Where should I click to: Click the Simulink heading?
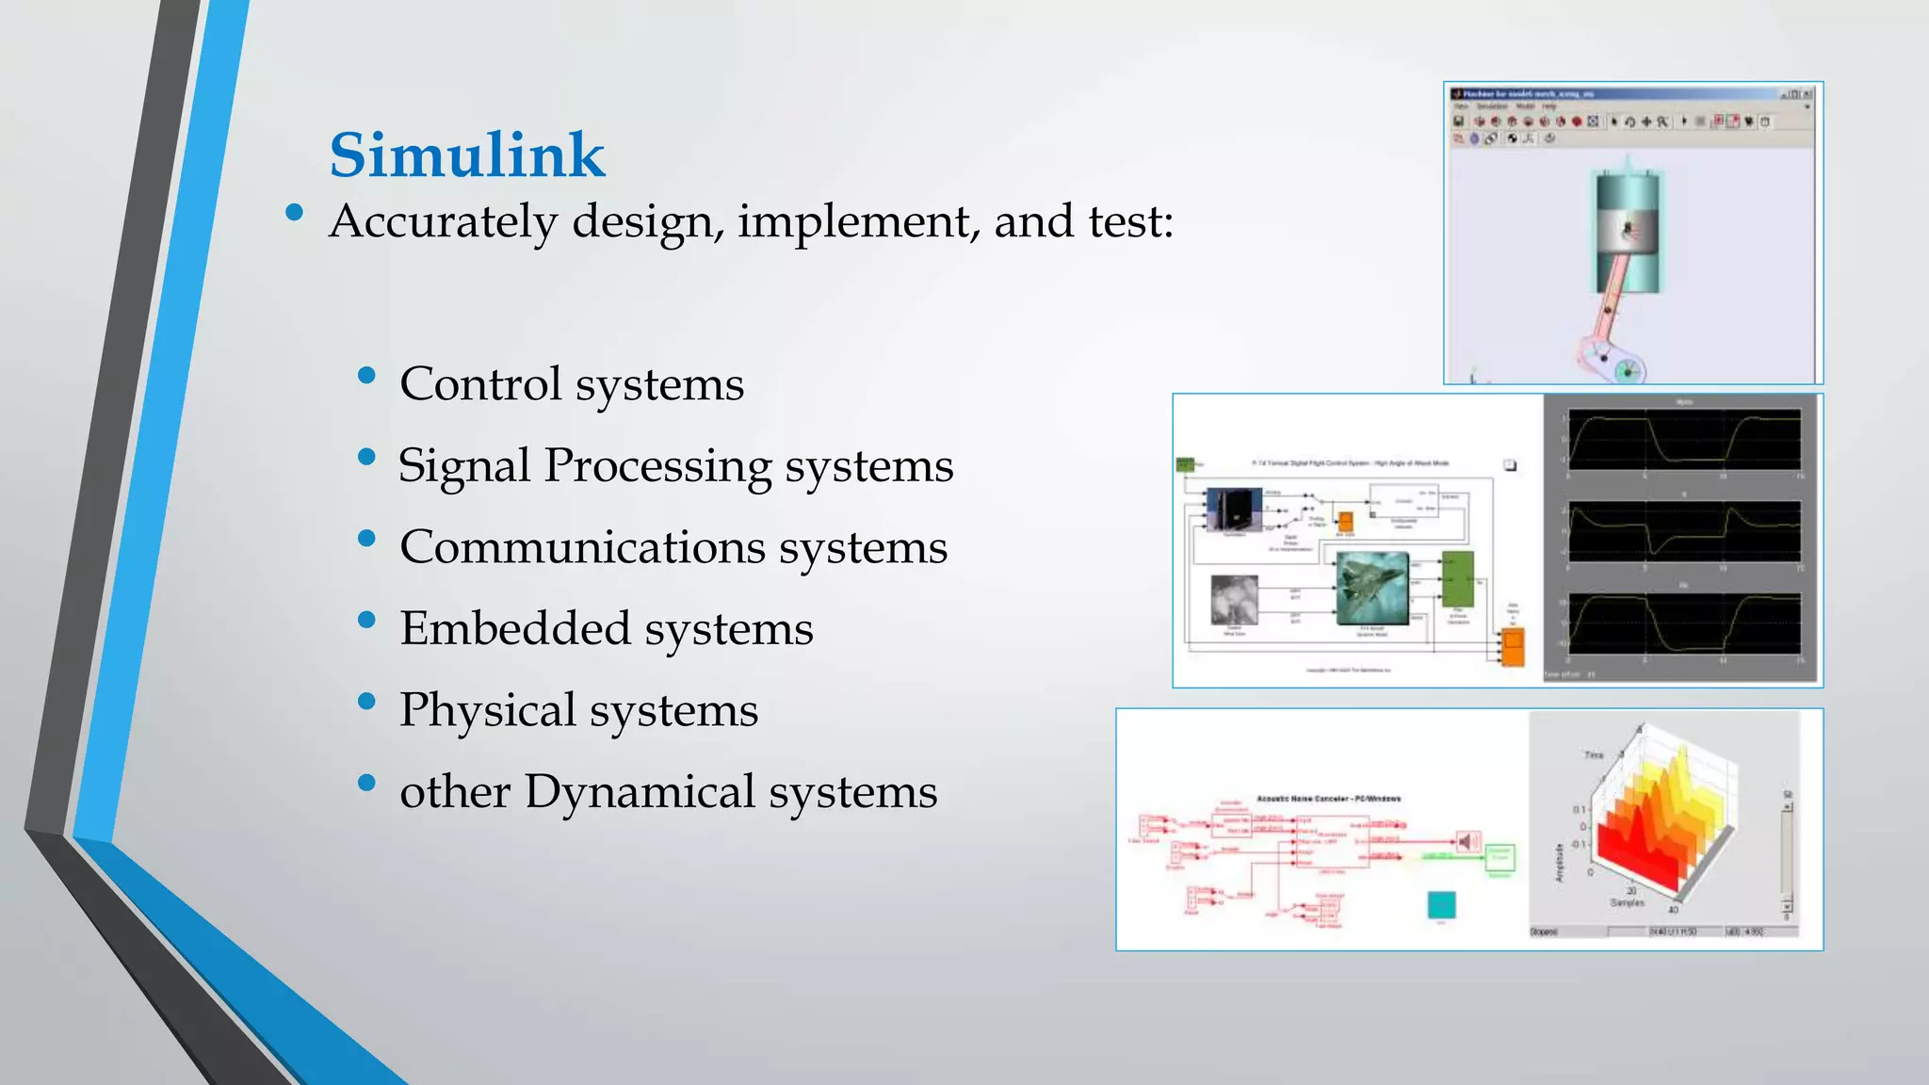[466, 155]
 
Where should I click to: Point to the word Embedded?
[514, 628]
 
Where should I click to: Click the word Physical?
[487, 710]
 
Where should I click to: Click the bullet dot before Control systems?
[367, 377]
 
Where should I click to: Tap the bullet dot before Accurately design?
[294, 214]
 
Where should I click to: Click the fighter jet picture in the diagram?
[1372, 588]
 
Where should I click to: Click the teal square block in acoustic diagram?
[1441, 904]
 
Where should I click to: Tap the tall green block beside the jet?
[1457, 579]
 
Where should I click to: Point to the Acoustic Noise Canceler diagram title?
[1328, 799]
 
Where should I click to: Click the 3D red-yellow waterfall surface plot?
[1658, 819]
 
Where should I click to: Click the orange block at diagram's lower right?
[1512, 648]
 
